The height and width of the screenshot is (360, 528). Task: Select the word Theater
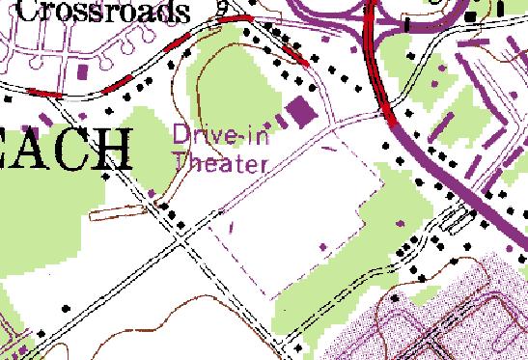point(219,163)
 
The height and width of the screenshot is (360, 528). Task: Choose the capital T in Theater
point(180,163)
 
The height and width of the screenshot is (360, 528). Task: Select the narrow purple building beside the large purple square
point(283,121)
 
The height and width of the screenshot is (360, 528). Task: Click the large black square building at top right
point(470,17)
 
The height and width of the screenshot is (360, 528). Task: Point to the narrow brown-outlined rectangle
point(109,210)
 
